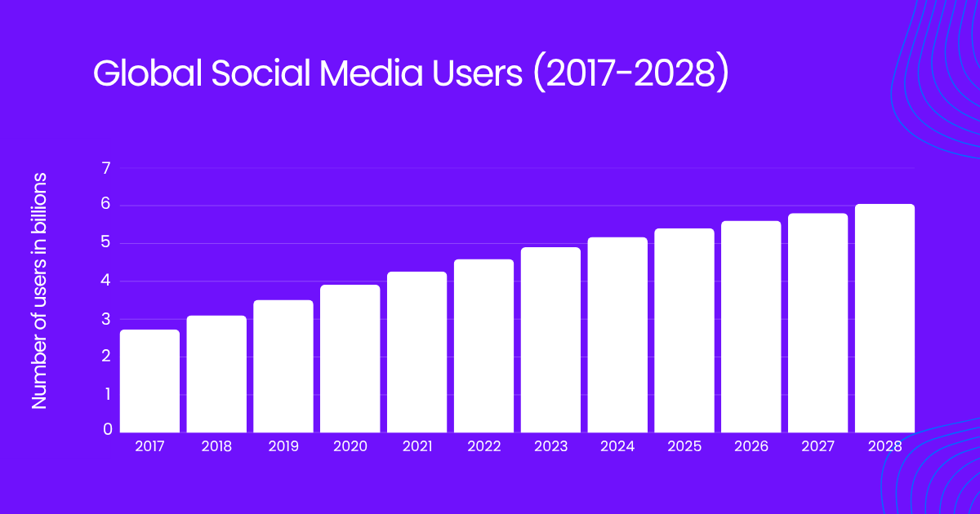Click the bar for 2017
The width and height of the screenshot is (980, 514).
tap(149, 381)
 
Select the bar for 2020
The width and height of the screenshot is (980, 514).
tap(350, 359)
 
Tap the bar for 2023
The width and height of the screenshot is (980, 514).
tap(550, 340)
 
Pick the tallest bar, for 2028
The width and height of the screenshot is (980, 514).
tap(884, 318)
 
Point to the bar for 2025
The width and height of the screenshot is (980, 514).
tap(684, 330)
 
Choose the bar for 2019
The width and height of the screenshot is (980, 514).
tap(283, 366)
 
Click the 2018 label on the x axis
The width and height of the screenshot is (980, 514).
tap(216, 446)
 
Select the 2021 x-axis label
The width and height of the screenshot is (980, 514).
tap(417, 446)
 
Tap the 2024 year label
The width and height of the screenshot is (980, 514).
tap(617, 446)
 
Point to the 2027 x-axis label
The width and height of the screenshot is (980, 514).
tap(818, 446)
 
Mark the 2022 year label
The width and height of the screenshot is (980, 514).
tap(484, 446)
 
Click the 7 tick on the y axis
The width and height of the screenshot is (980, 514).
tap(105, 169)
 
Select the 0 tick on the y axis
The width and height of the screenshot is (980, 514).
tap(106, 429)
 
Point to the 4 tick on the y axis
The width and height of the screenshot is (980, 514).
tap(105, 281)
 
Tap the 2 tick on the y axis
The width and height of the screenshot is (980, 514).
tap(105, 357)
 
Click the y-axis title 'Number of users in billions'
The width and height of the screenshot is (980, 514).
tap(39, 291)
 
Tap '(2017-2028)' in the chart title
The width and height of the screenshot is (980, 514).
tap(629, 74)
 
